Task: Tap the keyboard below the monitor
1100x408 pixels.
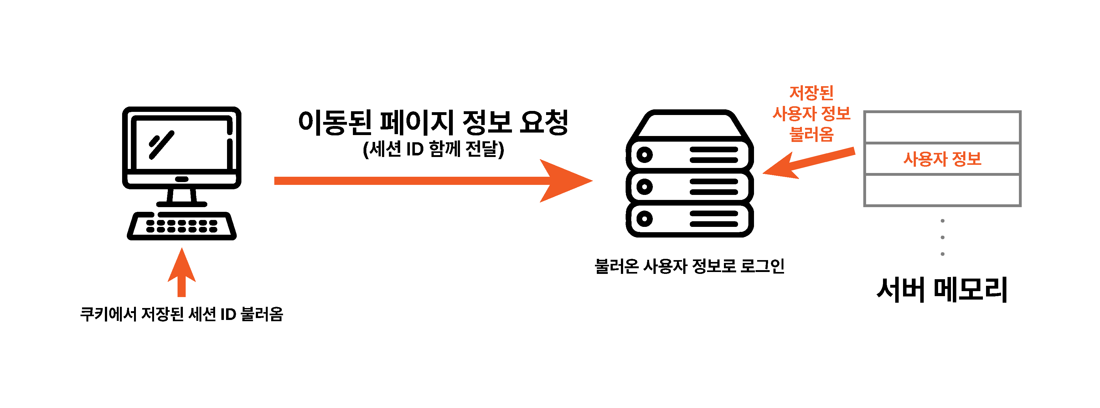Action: pyautogui.click(x=182, y=226)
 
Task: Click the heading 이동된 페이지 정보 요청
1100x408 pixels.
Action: pyautogui.click(x=433, y=122)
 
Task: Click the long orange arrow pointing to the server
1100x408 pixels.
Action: pyautogui.click(x=433, y=181)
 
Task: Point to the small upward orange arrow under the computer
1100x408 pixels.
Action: pyautogui.click(x=182, y=272)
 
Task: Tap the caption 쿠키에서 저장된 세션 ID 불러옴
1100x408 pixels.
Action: pyautogui.click(x=182, y=314)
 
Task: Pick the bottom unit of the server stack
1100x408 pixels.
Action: pyautogui.click(x=689, y=219)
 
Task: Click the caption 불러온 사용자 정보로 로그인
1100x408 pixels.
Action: pyautogui.click(x=689, y=266)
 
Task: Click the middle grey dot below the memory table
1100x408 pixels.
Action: pyautogui.click(x=942, y=238)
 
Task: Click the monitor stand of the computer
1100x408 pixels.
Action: pyautogui.click(x=182, y=197)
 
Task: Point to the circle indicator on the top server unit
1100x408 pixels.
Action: pyautogui.click(x=644, y=154)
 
